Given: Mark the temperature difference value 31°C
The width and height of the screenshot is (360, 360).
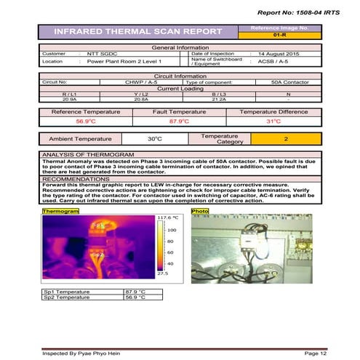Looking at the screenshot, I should (273, 121).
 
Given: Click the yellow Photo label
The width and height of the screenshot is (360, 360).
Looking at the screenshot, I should (199, 211).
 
